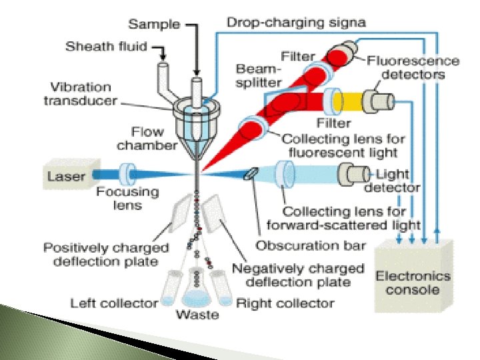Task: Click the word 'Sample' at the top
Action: coord(154,24)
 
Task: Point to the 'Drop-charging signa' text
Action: coord(296,22)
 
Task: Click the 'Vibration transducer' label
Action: coord(80,94)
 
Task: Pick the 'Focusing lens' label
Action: coord(127,198)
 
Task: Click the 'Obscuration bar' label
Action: coord(311,245)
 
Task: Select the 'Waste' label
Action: coord(197,314)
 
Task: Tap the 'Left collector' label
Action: coord(114,303)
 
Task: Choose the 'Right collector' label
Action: coord(285,303)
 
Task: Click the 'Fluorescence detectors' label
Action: coord(413,67)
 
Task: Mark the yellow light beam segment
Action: coord(348,102)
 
